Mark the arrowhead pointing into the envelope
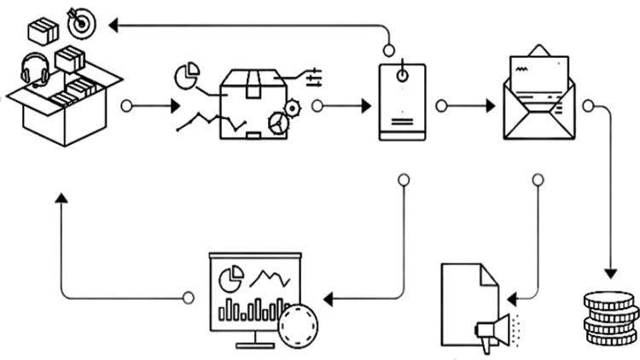(x=490, y=107)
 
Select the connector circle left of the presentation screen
(x=189, y=298)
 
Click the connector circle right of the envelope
(x=588, y=107)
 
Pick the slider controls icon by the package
(x=313, y=77)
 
